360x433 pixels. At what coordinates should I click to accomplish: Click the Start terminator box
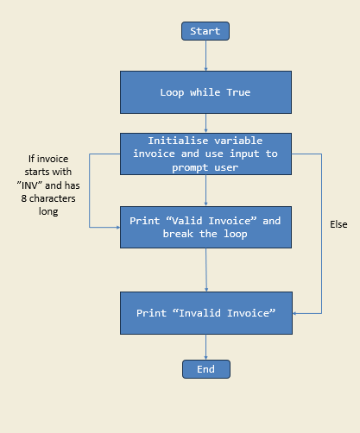click(x=205, y=31)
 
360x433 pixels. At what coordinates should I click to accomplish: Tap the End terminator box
click(x=206, y=369)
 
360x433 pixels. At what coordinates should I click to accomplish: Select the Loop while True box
click(x=205, y=92)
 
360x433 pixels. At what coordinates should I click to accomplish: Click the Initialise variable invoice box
click(x=206, y=154)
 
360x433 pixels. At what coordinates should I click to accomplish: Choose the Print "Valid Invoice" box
click(x=205, y=228)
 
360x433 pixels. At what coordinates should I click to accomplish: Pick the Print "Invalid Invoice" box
click(x=205, y=313)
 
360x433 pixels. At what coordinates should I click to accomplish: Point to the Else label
click(x=338, y=224)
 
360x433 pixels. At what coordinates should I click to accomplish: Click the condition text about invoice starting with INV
click(x=54, y=185)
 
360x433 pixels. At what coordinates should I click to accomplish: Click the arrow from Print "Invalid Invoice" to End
click(x=206, y=347)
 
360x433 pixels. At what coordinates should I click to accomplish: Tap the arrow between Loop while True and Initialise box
click(x=206, y=123)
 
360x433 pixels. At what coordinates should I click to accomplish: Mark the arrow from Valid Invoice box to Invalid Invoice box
click(x=206, y=270)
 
